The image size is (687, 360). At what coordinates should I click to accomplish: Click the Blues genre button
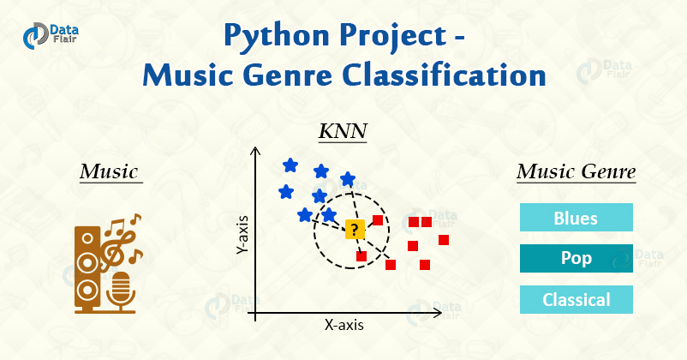click(x=576, y=218)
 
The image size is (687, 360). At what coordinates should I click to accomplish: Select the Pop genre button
click(x=576, y=258)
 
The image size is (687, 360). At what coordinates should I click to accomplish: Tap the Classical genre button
click(x=576, y=299)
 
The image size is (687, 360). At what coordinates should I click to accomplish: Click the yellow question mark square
click(x=355, y=230)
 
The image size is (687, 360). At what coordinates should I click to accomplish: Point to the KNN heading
click(x=343, y=130)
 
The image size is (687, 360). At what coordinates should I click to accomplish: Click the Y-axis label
click(x=242, y=236)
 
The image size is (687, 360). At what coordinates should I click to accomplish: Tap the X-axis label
click(x=344, y=325)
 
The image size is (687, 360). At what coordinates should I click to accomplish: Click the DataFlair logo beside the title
click(x=51, y=35)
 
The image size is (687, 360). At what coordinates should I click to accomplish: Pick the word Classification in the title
click(x=444, y=75)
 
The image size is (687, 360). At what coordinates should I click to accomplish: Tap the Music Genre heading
click(x=576, y=171)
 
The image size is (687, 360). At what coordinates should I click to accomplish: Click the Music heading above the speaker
click(x=109, y=171)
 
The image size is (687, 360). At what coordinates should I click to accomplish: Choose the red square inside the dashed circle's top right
click(x=378, y=219)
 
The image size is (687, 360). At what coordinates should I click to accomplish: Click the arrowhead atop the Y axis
click(x=255, y=151)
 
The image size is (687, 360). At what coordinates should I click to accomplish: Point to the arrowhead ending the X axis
click(x=437, y=313)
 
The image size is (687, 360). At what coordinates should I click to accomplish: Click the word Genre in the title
click(x=288, y=75)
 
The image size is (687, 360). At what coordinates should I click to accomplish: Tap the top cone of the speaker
click(x=87, y=238)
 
